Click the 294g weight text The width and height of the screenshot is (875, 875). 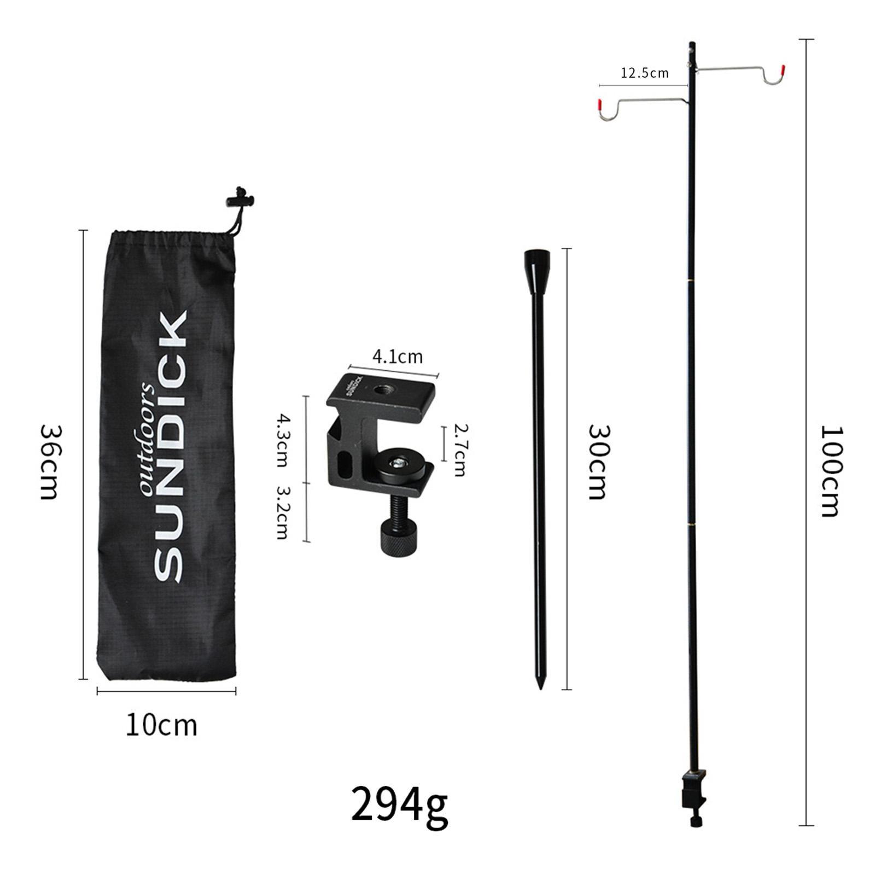399,804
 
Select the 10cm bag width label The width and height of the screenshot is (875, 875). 161,726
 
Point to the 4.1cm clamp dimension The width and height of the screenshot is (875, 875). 398,357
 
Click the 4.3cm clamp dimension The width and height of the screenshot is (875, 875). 282,440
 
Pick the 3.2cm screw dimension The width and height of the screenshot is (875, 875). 282,512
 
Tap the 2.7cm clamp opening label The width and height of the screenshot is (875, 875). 459,452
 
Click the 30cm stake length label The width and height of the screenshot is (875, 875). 597,462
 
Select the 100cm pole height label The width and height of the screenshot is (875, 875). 831,471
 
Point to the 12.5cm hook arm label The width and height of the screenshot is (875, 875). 644,73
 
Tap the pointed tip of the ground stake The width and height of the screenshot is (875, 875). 540,685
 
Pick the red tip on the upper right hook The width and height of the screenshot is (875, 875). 783,69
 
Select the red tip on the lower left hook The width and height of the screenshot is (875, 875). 600,103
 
